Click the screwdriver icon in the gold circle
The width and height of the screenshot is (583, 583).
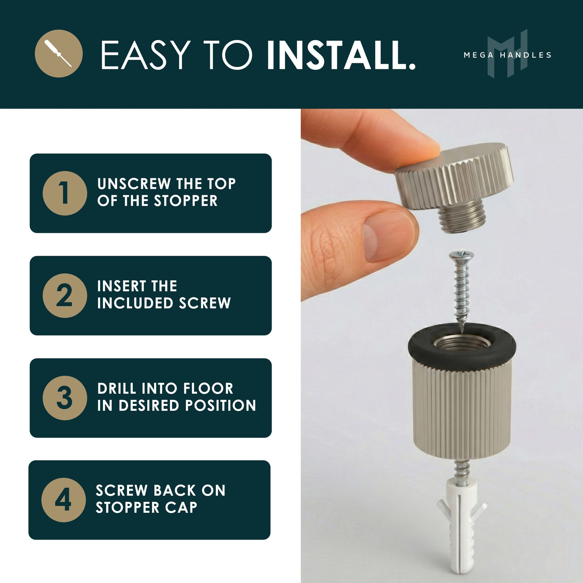coord(59,54)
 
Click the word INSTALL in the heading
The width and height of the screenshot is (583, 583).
coord(341,55)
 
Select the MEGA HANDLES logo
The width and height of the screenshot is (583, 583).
coord(508,54)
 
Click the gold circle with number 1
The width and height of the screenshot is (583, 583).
coord(65,193)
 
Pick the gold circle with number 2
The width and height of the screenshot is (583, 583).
coord(65,295)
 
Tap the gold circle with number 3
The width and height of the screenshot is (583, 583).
coord(65,398)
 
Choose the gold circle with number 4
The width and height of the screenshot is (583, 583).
coord(63,500)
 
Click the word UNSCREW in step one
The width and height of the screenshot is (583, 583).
coord(134,184)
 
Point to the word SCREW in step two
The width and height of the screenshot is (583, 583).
coord(205,303)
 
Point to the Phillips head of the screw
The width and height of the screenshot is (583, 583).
coord(462,255)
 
